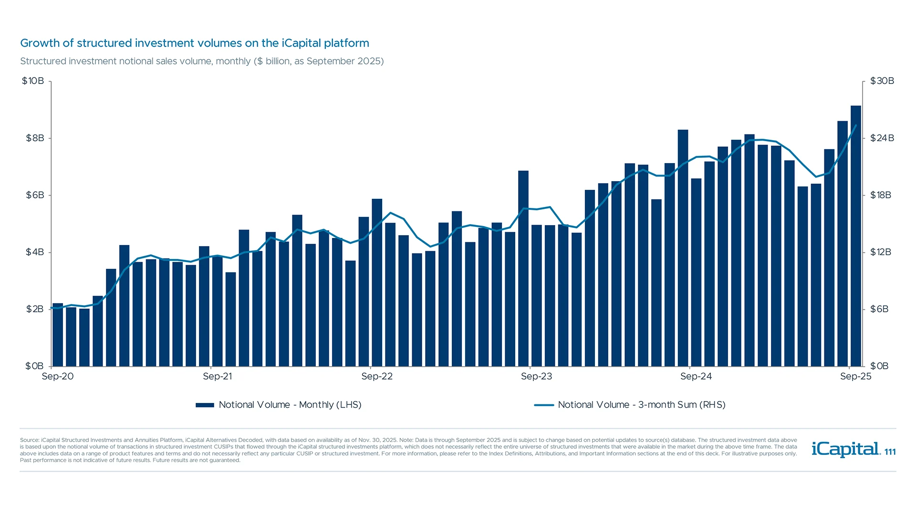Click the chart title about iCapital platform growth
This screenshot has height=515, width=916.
195,43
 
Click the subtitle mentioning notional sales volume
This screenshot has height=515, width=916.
202,61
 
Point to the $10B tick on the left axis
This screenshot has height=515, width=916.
33,81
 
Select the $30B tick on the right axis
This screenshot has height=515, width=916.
882,81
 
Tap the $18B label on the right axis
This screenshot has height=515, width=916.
880,195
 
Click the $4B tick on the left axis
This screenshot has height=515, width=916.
35,252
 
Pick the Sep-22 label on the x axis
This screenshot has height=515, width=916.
377,376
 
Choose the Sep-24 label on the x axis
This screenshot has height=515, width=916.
696,376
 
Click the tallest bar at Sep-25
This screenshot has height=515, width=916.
856,236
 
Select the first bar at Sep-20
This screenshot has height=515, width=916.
58,335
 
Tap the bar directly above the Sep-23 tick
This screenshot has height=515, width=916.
523,268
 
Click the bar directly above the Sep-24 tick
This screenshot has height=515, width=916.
683,248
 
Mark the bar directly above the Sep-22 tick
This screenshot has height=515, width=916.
377,282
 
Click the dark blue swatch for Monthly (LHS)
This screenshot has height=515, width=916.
205,405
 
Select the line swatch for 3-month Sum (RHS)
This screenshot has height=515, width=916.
544,405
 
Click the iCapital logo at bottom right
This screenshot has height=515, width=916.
846,449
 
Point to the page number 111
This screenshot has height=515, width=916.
890,452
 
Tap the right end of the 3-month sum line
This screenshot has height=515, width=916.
856,125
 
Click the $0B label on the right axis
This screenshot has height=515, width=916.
879,366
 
